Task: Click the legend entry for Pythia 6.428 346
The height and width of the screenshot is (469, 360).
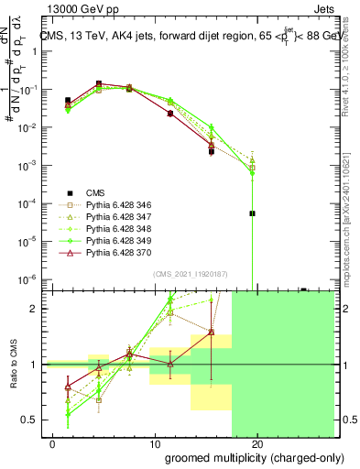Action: click(116, 204)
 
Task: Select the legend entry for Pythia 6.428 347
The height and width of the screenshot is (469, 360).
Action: click(116, 216)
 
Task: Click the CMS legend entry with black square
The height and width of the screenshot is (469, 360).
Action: click(95, 192)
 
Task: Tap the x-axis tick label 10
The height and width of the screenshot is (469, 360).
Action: click(156, 445)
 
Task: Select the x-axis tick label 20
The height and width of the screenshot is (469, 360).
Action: click(258, 445)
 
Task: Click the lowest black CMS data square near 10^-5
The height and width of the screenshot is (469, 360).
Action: click(252, 213)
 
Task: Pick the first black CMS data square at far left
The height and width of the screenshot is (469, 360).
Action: click(68, 100)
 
